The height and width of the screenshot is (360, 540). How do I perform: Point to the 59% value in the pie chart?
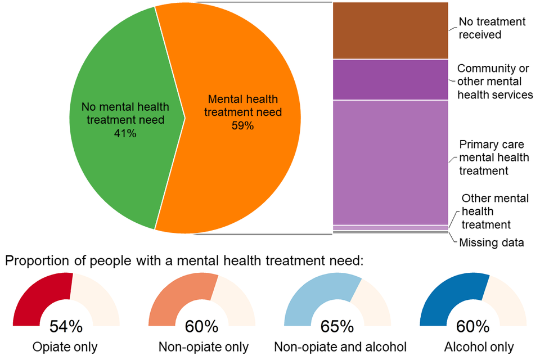[243, 125]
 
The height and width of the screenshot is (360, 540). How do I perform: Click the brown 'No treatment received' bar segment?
[390, 31]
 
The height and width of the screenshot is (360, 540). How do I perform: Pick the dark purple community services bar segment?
[390, 79]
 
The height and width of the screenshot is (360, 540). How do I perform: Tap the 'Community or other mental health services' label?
[494, 82]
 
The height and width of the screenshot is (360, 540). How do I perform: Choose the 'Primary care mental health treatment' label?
[492, 157]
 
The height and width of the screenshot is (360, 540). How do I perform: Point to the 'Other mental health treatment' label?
[494, 211]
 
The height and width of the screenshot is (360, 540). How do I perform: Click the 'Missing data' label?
[492, 243]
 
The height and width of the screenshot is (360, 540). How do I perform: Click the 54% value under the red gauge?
[66, 326]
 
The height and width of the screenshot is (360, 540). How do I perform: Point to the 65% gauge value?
[337, 326]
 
